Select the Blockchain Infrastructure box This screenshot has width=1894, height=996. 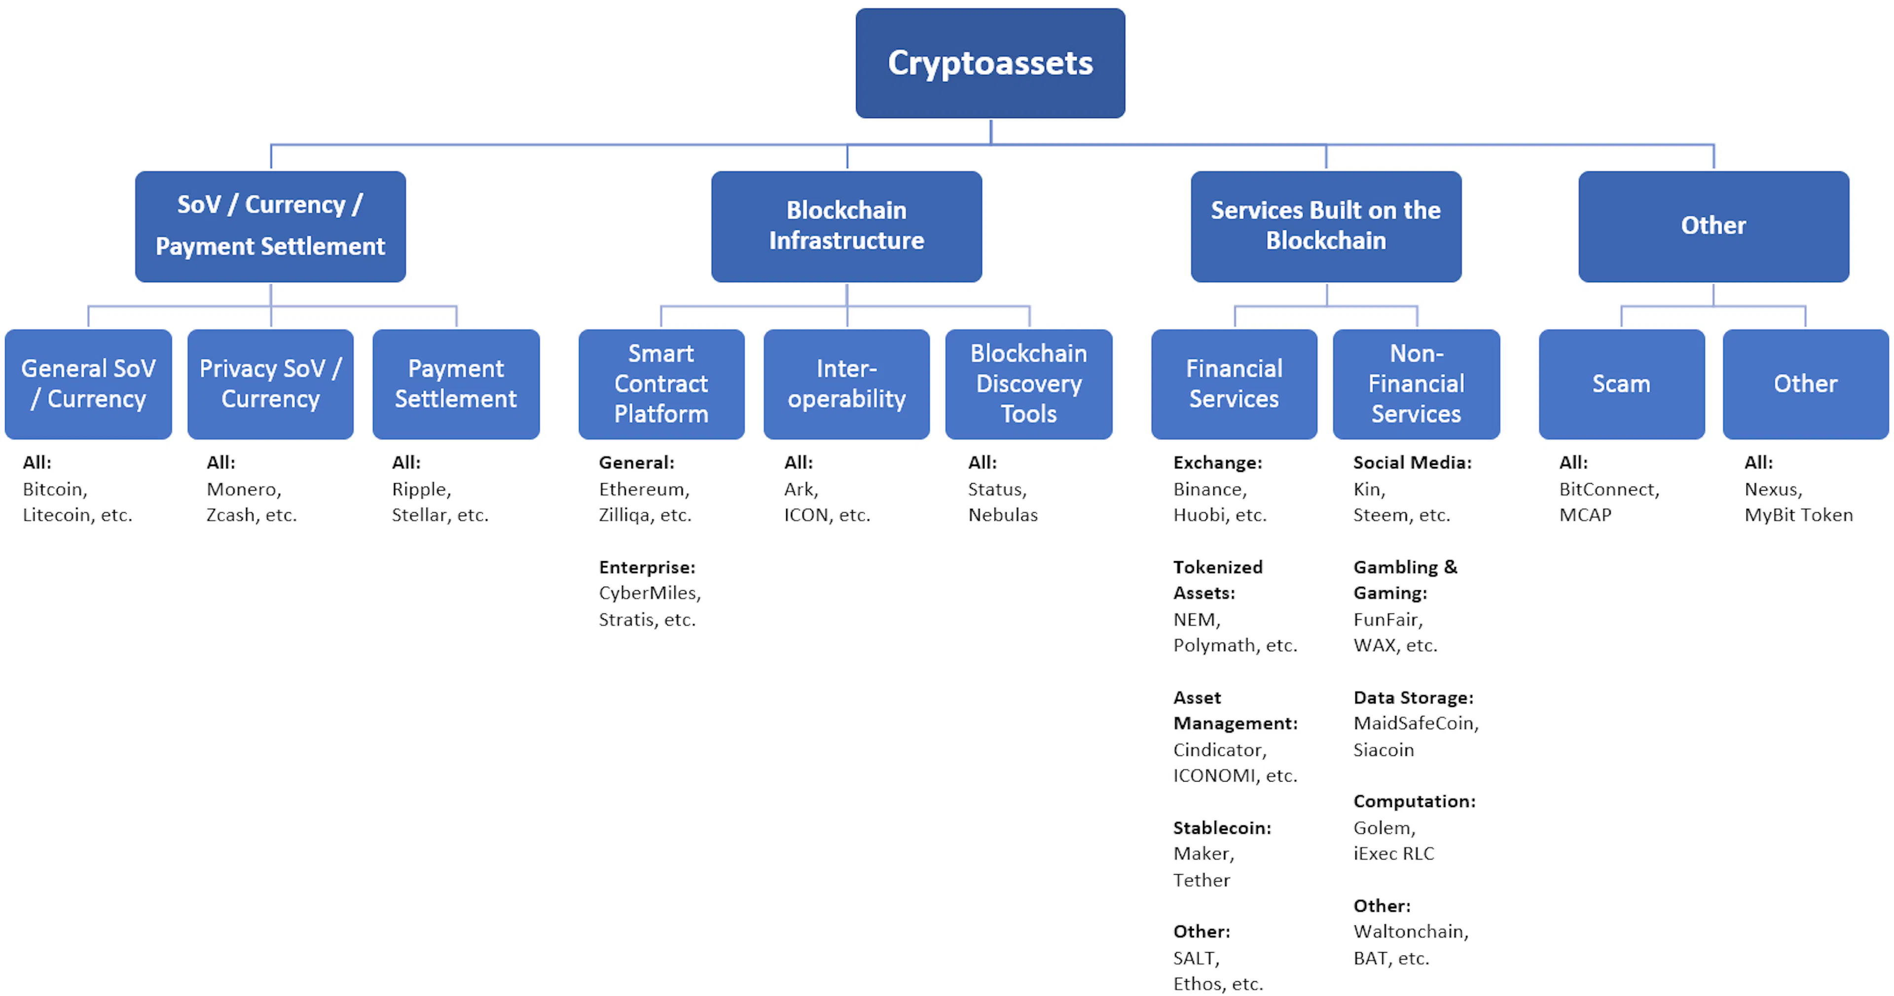point(846,226)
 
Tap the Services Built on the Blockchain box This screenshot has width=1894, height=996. point(1326,226)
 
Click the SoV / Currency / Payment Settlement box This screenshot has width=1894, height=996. point(271,226)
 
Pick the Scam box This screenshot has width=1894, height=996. point(1621,384)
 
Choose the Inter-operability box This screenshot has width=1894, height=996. point(846,384)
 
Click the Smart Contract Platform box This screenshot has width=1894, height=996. point(661,384)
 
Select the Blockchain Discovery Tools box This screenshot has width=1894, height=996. point(1028,384)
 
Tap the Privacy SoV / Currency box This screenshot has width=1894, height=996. point(271,384)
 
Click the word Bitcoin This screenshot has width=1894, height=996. point(54,490)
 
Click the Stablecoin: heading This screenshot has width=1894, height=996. point(1222,828)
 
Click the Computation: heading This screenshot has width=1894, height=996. point(1414,802)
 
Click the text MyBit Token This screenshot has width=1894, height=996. point(1798,515)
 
